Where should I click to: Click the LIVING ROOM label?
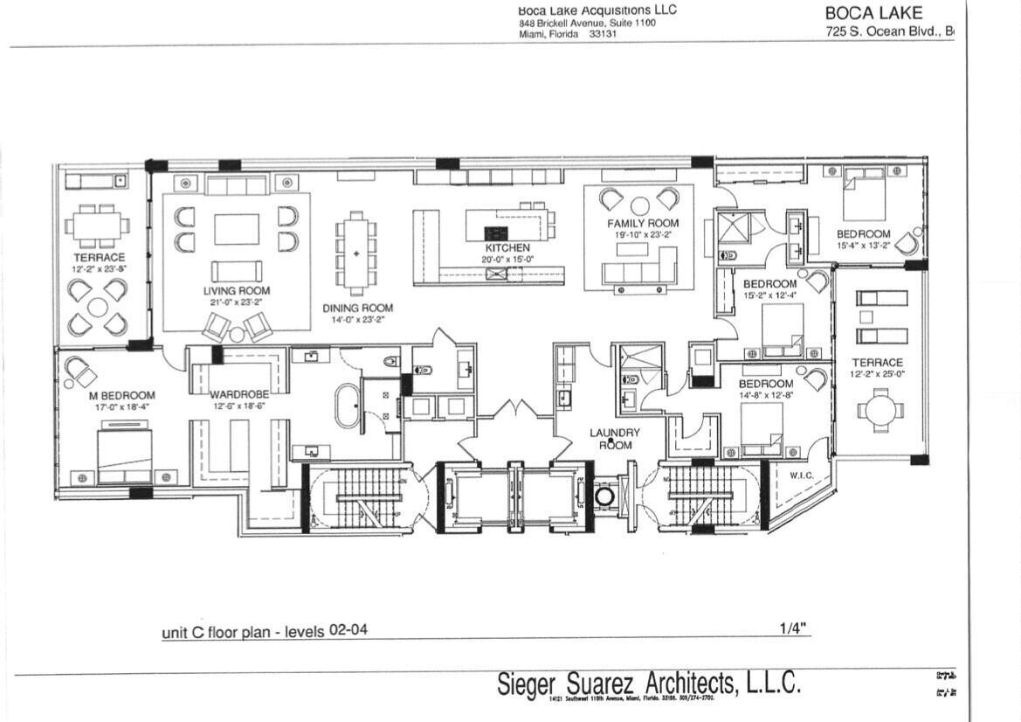coord(237,290)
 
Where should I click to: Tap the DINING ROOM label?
coord(357,308)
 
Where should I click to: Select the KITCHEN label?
coord(507,248)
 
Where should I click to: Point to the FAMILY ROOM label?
coord(643,224)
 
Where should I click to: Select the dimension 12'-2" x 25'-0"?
coord(878,376)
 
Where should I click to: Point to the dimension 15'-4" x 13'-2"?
coord(864,246)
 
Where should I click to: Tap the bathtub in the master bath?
coord(348,406)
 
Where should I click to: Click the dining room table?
coord(356,253)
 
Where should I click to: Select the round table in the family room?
coord(640,205)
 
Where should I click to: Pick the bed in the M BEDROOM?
coord(124,455)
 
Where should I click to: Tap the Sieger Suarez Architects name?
coord(648,684)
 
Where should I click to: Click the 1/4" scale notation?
coord(792,628)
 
